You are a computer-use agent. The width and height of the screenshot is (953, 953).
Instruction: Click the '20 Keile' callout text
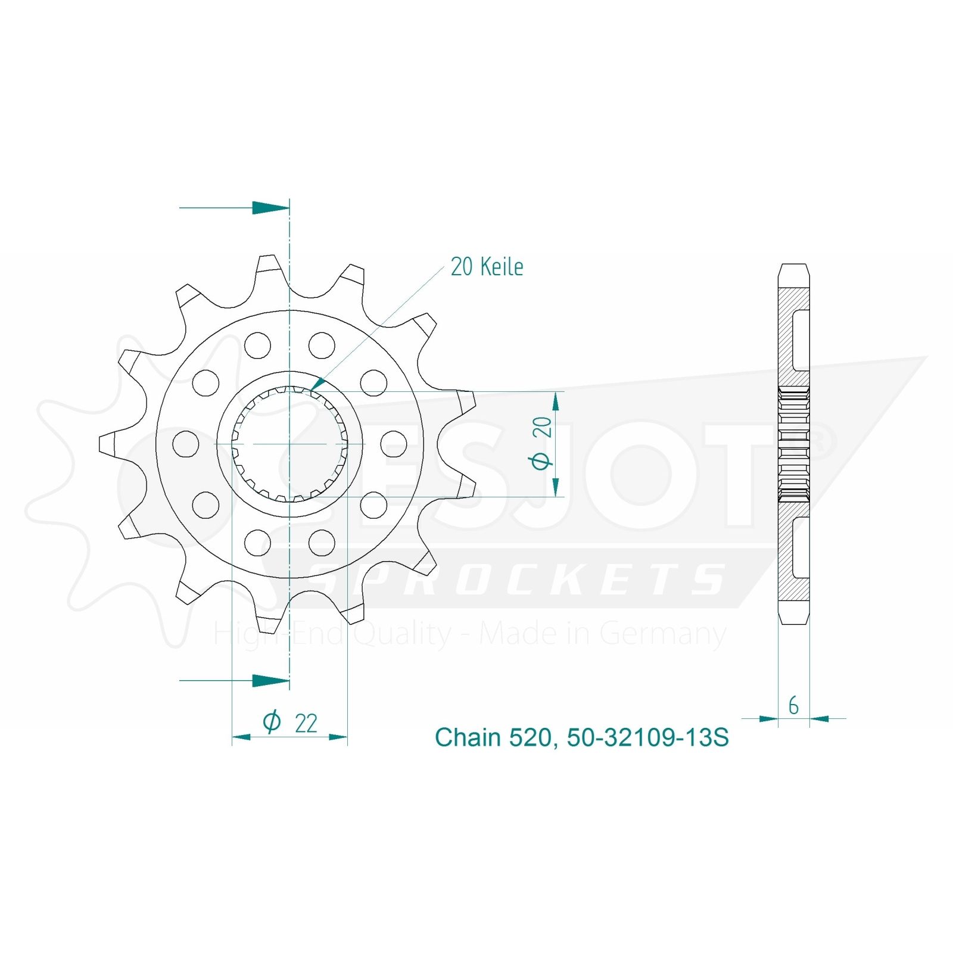pos(487,267)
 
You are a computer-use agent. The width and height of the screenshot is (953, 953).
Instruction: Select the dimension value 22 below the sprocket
pos(306,723)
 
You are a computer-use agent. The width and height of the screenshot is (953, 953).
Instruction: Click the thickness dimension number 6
pos(793,706)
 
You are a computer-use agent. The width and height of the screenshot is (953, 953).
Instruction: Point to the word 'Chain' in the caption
pos(468,737)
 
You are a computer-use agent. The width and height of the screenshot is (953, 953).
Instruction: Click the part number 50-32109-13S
pos(647,737)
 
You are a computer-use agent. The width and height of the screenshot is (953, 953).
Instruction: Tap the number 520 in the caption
pos(530,738)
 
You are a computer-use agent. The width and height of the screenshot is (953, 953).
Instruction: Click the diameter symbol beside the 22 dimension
pos(272,722)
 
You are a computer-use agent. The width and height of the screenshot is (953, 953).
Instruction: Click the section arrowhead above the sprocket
pos(271,208)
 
